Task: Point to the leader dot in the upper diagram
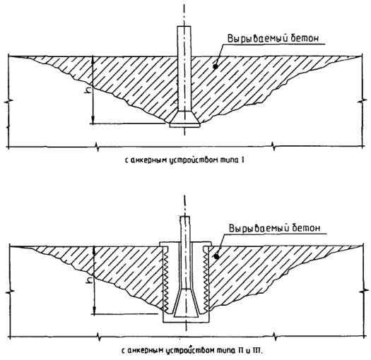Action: tap(215, 66)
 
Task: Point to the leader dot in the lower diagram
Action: tap(216, 256)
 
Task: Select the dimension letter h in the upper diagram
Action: tap(87, 90)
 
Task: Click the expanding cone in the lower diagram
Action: tap(186, 303)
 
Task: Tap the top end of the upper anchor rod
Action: tap(184, 26)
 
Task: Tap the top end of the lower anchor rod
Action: tap(184, 217)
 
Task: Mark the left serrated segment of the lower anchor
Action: tap(165, 280)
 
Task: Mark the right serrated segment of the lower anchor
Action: tap(206, 280)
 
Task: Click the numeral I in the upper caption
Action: tap(242, 160)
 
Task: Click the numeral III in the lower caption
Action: tap(257, 350)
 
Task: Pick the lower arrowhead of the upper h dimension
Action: tap(93, 120)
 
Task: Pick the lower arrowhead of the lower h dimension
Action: tap(95, 311)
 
